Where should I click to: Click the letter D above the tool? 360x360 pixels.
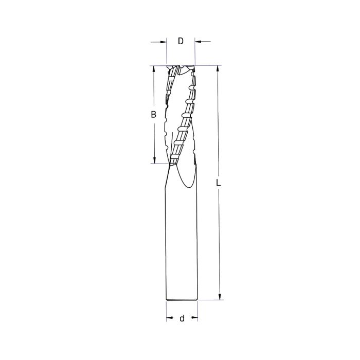181,42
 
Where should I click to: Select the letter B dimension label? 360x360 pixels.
153,115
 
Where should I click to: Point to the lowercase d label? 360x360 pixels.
182,319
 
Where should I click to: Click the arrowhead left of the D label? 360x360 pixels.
164,42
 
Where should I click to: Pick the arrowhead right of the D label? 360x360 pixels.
198,42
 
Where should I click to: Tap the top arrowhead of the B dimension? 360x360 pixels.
153,69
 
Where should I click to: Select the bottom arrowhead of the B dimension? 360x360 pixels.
153,160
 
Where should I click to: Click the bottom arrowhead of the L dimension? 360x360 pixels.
220,296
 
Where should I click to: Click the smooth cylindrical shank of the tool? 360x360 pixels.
182,242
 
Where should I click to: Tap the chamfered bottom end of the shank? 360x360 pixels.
182,299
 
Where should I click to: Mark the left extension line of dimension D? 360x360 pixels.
167,51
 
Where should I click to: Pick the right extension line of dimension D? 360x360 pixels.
195,51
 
